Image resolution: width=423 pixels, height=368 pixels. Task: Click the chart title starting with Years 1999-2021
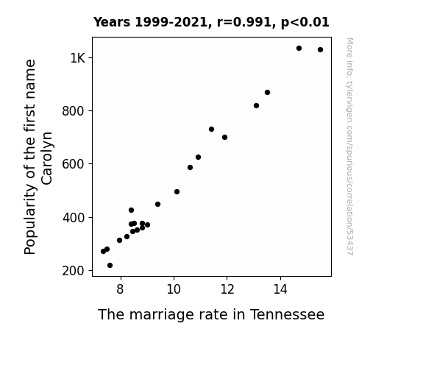(211, 22)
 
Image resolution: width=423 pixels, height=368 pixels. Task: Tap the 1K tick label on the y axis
(78, 58)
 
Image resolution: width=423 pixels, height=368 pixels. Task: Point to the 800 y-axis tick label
(74, 111)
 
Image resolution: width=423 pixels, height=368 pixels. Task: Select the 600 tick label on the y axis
(74, 164)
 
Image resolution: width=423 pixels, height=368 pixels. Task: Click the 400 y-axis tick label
(74, 217)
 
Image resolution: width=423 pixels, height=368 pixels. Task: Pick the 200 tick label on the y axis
(74, 271)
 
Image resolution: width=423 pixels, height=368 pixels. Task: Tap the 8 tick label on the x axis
(120, 289)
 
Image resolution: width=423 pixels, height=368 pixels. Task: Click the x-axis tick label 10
(174, 289)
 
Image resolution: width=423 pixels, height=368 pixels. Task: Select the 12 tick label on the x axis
(227, 289)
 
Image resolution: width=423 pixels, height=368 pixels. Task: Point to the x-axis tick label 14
(280, 289)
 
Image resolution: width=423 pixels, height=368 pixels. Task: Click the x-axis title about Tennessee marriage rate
(211, 314)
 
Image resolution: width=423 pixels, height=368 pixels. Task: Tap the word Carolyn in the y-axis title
(46, 158)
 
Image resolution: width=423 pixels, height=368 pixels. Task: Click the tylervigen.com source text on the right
(349, 146)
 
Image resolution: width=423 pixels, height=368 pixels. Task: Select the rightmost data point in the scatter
(320, 49)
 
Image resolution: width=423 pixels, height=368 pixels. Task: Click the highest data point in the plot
(299, 49)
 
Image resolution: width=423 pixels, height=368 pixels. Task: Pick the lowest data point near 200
(110, 266)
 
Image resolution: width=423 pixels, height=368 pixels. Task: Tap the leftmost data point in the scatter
(103, 252)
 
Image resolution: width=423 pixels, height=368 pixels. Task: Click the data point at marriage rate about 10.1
(177, 191)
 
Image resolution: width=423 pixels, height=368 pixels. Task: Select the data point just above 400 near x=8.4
(131, 210)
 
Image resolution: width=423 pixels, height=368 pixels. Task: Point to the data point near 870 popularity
(267, 92)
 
